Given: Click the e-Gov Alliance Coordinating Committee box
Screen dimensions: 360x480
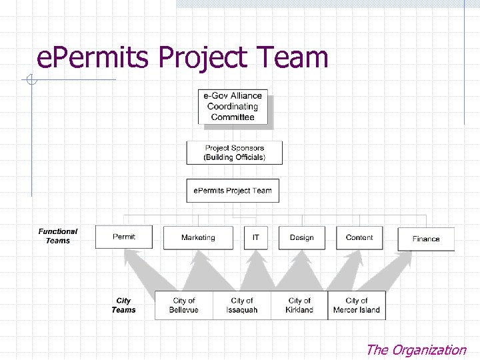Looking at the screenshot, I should tap(233, 106).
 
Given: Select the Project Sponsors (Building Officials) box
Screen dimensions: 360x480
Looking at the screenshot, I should tap(234, 153).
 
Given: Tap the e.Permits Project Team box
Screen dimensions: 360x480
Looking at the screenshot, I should tap(233, 191).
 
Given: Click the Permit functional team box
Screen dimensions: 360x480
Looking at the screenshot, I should tap(124, 237).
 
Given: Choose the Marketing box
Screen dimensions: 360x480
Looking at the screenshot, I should tap(198, 238).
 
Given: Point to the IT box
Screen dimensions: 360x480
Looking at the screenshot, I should tap(255, 238).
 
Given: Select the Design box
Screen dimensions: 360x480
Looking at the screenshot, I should tap(301, 238).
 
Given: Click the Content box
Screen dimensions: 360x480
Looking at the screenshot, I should tap(359, 238).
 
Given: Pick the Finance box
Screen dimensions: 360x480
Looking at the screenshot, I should tap(426, 239).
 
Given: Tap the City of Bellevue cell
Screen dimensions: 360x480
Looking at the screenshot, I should tap(184, 305).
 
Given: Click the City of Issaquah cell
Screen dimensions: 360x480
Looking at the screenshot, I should tap(242, 305).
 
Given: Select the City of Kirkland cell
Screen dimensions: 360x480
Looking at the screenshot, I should tap(299, 305).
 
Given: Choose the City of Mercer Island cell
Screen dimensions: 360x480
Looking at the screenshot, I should tap(357, 305).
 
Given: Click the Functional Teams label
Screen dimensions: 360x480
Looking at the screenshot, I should tap(58, 236).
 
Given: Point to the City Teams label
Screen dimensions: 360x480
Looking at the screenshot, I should tap(123, 305).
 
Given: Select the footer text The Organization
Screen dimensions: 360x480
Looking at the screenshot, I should tap(416, 349).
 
